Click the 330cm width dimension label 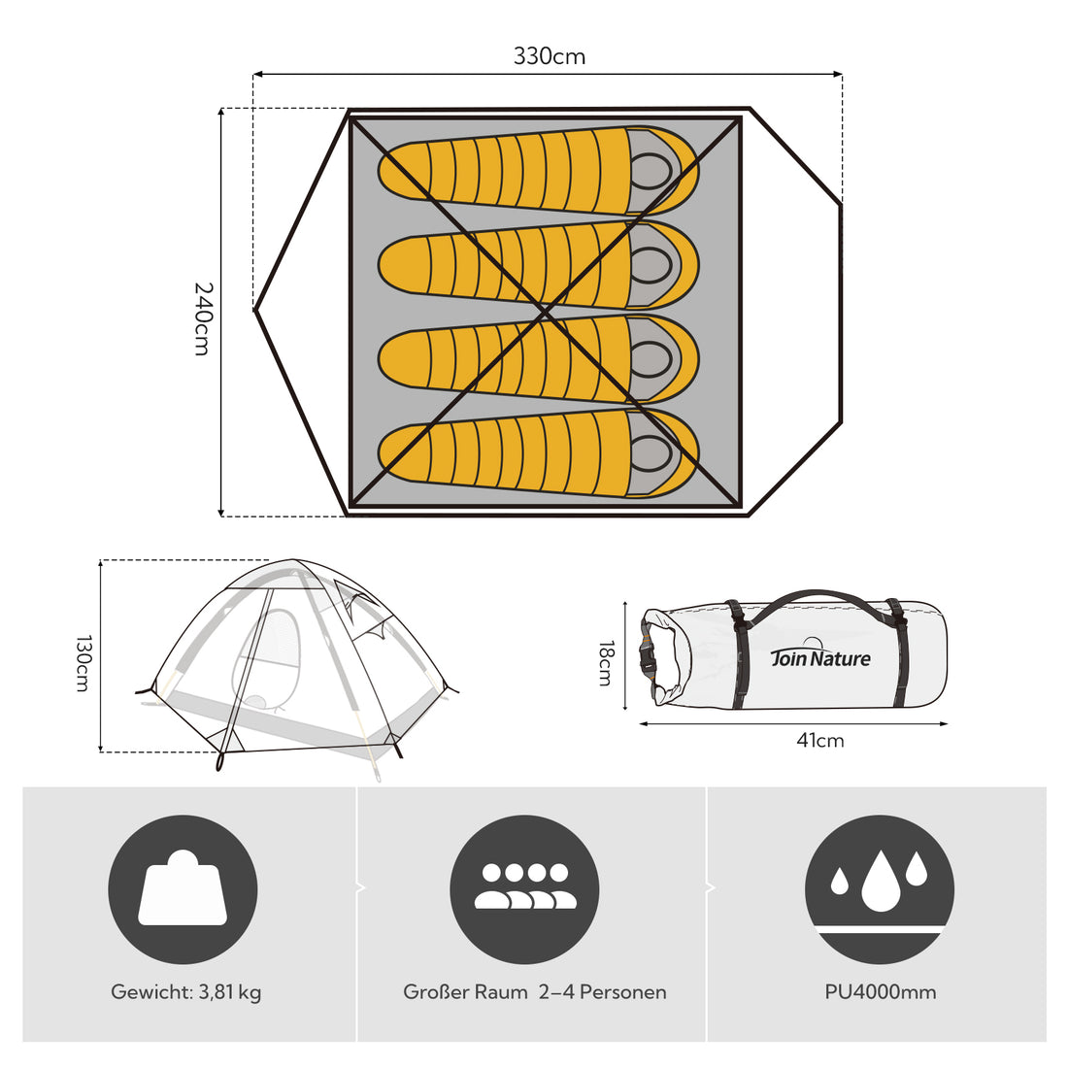click(549, 56)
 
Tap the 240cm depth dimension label click(203, 318)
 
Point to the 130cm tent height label click(83, 663)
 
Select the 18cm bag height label click(606, 663)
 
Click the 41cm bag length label click(820, 741)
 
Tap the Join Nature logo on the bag click(820, 654)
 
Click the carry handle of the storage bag click(816, 603)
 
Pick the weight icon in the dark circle click(183, 889)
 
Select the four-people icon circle click(524, 889)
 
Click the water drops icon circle click(880, 889)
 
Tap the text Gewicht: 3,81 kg click(186, 992)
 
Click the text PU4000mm click(880, 991)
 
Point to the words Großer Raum click(465, 991)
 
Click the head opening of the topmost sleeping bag click(651, 171)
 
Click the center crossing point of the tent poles click(545, 313)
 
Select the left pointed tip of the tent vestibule click(254, 310)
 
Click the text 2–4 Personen click(602, 991)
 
